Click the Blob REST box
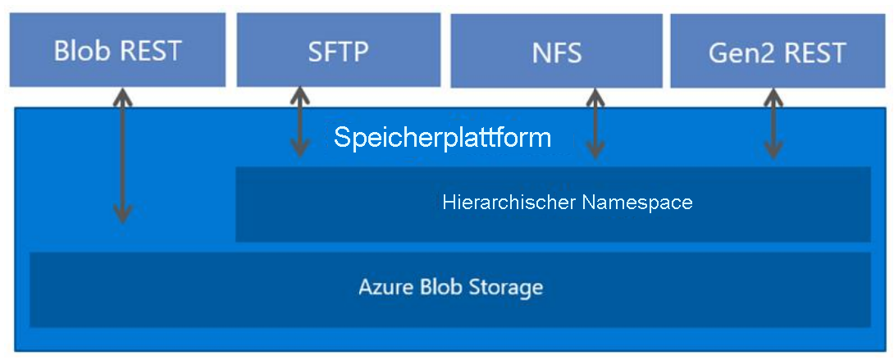click(117, 50)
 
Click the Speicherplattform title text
click(442, 138)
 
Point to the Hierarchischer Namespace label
click(567, 202)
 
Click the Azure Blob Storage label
click(450, 288)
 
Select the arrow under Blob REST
click(122, 156)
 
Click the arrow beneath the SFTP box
click(300, 123)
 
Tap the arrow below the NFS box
click(595, 124)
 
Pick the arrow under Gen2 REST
click(773, 124)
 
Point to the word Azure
click(382, 288)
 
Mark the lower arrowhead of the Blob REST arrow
click(122, 215)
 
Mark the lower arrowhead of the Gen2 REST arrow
click(773, 150)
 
